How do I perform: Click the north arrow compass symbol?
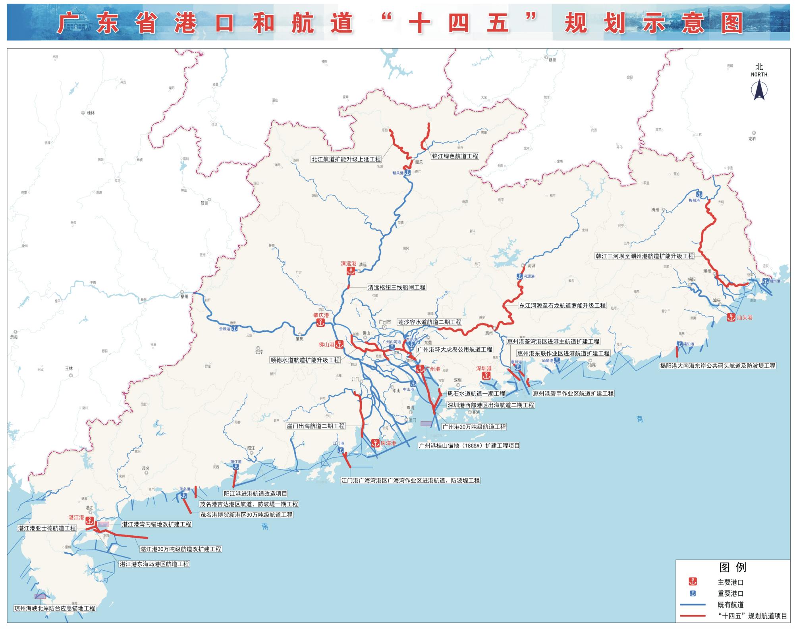coord(759,89)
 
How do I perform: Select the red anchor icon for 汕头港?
coord(731,317)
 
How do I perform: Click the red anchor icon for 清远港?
coord(351,271)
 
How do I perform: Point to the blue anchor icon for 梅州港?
coord(699,194)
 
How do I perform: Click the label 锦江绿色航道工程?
coord(455,156)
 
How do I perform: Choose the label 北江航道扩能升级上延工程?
coord(346,159)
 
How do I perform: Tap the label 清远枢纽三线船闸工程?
coord(396,287)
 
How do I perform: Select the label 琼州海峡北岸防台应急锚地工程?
coord(55,608)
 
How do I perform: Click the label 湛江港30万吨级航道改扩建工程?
coord(181,549)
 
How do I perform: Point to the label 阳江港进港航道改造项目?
coord(255,494)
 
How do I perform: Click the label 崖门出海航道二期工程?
coord(316,426)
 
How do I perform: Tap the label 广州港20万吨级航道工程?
coord(474,426)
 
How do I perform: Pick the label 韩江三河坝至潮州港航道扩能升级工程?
coord(644,256)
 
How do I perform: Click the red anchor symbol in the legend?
coord(693,582)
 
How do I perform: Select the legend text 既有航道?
coord(731,604)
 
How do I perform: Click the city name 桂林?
coord(91,113)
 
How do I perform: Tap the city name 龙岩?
coord(752,139)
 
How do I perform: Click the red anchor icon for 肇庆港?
coord(320,323)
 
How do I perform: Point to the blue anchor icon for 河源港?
coord(519,276)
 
